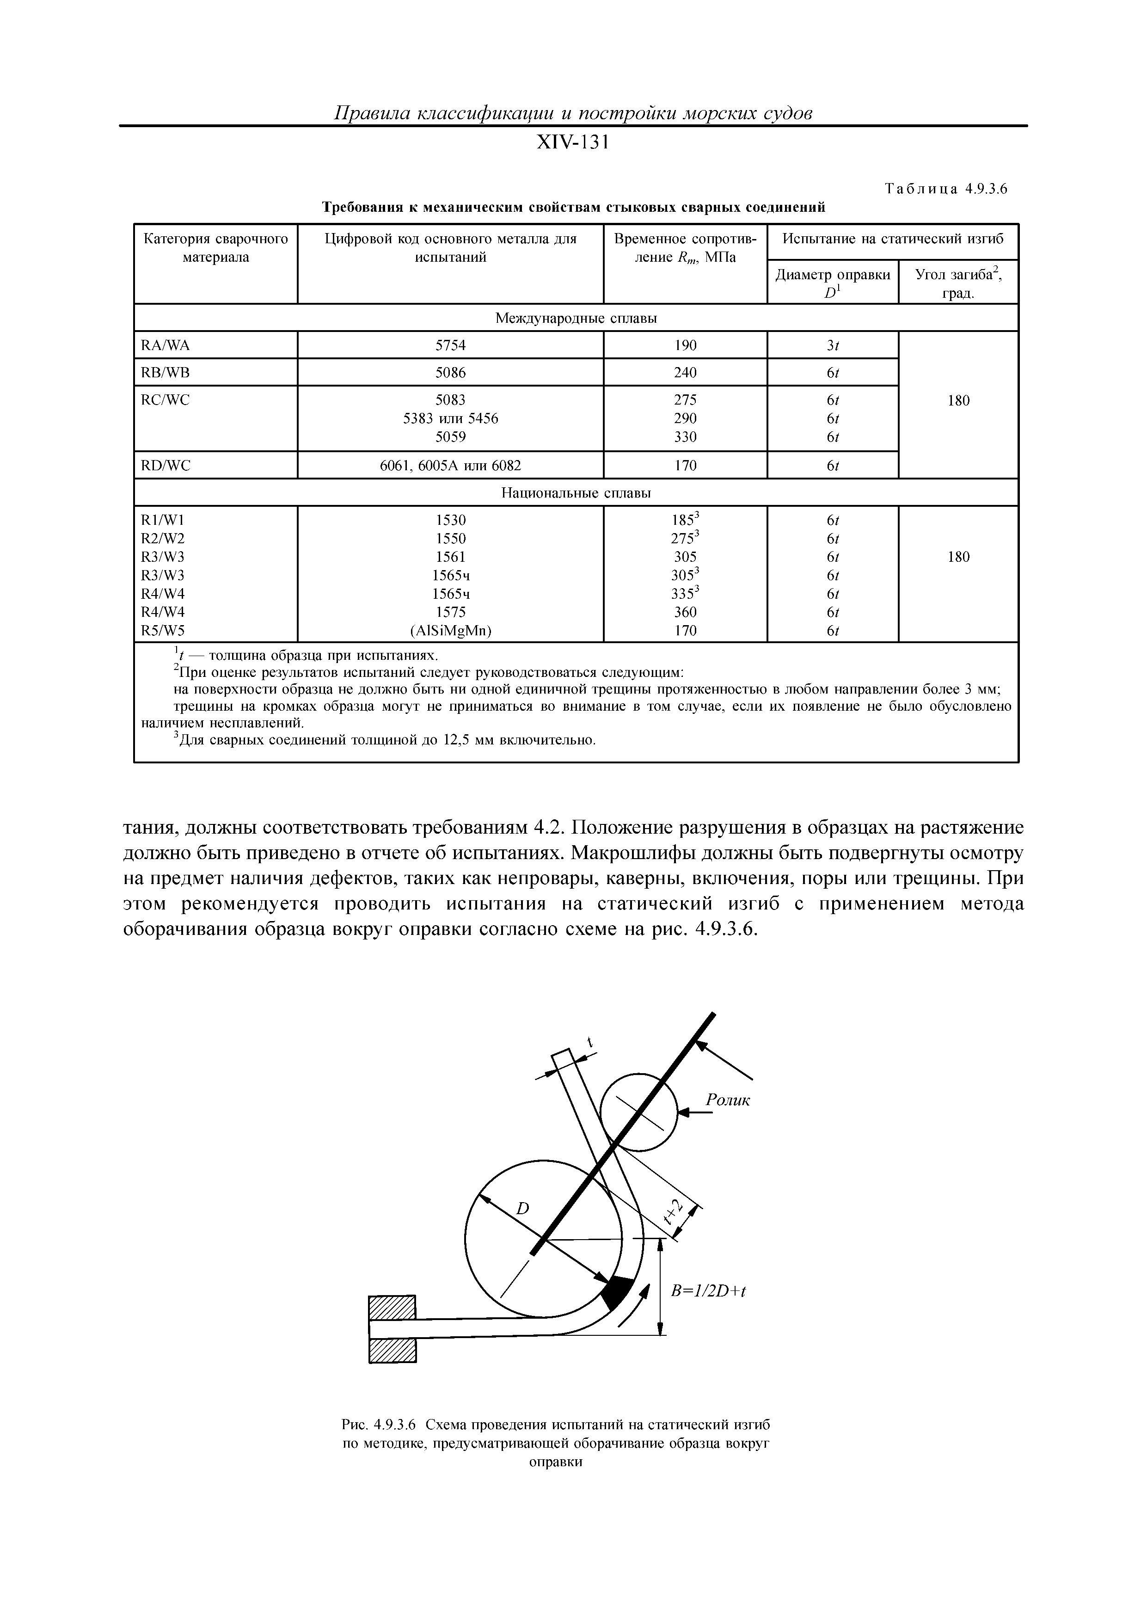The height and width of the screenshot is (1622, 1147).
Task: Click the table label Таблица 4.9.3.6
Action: [x=945, y=189]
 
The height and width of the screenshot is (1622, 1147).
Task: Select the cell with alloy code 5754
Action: [x=451, y=345]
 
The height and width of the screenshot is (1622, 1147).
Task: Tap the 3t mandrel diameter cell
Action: [x=833, y=345]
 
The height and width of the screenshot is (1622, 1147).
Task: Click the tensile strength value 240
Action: [x=685, y=372]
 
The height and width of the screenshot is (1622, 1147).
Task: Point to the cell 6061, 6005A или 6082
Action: [x=451, y=466]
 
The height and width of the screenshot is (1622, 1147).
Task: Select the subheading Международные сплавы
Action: [x=576, y=319]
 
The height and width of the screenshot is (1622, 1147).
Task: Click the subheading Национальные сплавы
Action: [x=576, y=492]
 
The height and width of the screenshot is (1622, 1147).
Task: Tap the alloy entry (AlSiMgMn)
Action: [x=451, y=631]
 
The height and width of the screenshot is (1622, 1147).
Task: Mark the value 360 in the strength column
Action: [x=685, y=612]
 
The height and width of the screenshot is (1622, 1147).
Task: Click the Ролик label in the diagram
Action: [x=728, y=1100]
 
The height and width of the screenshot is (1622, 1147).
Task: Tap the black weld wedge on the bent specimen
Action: [x=617, y=1294]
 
